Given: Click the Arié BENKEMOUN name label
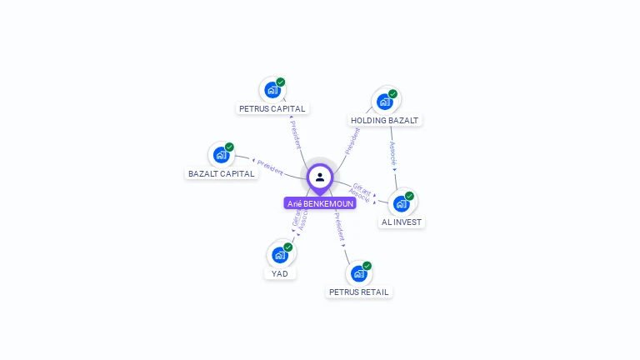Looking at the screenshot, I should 320,203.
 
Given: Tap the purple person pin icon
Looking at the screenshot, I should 320,177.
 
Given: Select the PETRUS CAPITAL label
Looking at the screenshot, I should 272,108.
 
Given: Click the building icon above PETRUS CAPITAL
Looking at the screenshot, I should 272,90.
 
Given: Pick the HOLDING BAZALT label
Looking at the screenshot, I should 384,120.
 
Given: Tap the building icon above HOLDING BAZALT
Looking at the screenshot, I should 384,102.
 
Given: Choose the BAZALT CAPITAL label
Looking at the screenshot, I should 222,173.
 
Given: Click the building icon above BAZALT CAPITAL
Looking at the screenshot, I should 221,155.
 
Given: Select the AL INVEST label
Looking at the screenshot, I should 402,222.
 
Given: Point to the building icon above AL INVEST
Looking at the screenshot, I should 402,204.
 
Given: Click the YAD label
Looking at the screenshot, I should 280,273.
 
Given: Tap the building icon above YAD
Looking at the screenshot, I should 280,255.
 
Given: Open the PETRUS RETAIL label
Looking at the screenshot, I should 359,292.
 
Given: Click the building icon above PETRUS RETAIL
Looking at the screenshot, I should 358,273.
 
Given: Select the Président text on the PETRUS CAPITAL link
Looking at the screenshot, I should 296,134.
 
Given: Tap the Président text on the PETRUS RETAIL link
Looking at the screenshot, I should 339,226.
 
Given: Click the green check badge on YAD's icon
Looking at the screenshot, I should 288,247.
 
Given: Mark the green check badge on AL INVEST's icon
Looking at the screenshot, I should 409,197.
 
